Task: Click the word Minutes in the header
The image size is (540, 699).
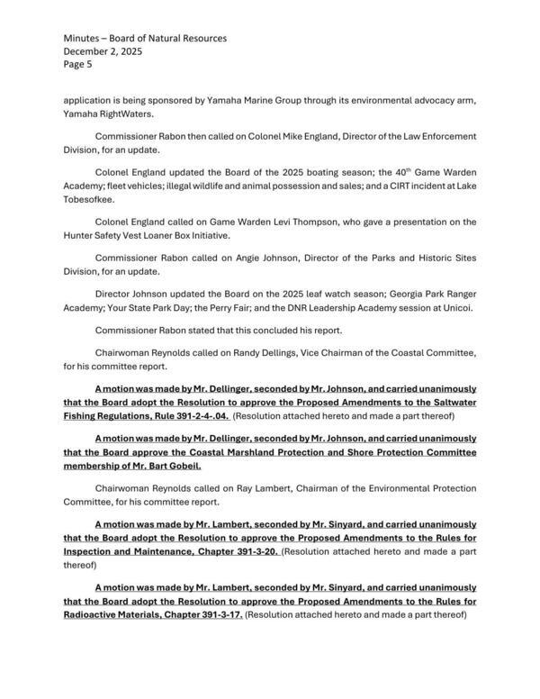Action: pos(84,38)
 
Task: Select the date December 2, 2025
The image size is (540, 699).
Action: pos(103,51)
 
